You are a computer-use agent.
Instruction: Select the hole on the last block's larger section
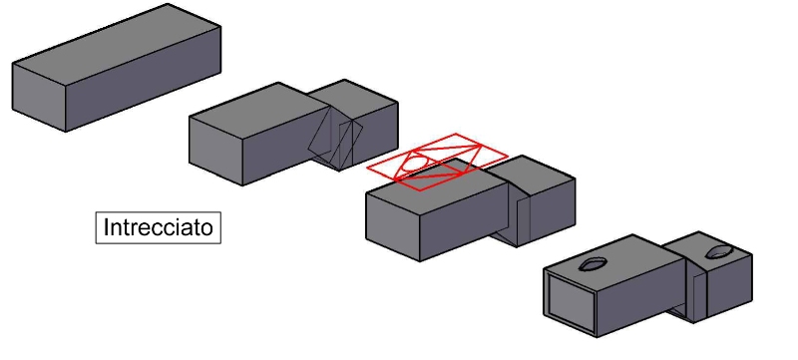[594, 263]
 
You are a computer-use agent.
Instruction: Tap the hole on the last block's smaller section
[717, 253]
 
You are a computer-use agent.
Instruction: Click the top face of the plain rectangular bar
[115, 42]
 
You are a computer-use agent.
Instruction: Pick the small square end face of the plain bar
[39, 97]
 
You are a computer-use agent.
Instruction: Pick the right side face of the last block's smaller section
[731, 289]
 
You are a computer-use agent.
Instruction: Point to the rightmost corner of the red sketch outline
[508, 154]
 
